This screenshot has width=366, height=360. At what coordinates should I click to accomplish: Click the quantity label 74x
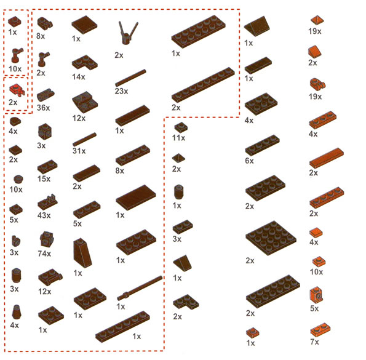(44, 254)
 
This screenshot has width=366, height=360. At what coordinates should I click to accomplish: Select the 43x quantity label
(44, 215)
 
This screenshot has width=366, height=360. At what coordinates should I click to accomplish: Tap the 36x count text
(44, 108)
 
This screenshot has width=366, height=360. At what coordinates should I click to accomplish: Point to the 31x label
(79, 151)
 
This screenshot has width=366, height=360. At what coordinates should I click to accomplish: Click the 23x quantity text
(121, 91)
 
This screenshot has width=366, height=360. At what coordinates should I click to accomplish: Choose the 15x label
(44, 179)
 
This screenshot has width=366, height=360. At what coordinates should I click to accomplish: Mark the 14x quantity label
(79, 76)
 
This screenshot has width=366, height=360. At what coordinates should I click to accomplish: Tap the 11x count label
(178, 138)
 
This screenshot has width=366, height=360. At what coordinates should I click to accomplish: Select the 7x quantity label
(315, 342)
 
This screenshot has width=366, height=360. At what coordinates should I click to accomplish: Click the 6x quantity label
(249, 161)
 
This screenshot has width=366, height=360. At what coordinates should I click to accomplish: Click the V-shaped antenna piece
(128, 33)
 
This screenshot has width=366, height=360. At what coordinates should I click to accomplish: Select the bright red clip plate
(17, 90)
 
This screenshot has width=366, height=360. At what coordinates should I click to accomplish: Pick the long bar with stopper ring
(140, 288)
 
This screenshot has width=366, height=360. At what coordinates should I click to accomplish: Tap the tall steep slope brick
(82, 252)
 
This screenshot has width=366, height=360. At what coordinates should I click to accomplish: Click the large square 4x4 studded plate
(271, 238)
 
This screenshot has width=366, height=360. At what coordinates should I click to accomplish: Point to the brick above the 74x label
(47, 239)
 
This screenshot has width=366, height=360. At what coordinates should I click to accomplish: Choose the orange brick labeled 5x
(317, 295)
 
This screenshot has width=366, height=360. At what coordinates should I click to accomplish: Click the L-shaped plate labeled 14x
(84, 63)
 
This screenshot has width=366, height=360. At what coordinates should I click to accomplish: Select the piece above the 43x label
(47, 202)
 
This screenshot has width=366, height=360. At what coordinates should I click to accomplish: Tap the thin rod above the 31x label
(84, 139)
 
